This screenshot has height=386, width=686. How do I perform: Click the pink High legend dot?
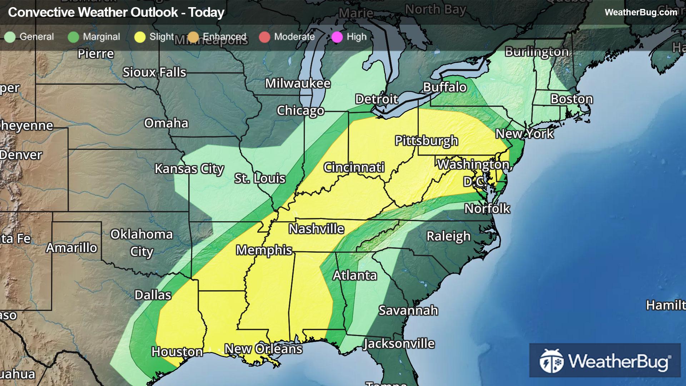(337, 37)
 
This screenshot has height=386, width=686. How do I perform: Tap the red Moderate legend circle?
(264, 37)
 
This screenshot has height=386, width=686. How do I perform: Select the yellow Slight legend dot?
(140, 37)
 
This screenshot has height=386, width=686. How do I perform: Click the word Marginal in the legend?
(101, 37)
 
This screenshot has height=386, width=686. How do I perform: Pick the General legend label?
(36, 37)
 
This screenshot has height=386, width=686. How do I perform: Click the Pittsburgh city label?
(426, 141)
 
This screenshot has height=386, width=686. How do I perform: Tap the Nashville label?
(316, 229)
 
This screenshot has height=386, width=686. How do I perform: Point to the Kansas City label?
(189, 169)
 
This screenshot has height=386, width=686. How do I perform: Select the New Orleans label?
(263, 349)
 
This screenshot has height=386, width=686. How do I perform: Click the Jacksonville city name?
(399, 344)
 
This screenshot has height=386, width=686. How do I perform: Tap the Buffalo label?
(445, 87)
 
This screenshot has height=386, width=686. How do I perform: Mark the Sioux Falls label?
(154, 73)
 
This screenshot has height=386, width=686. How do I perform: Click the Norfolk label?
(487, 209)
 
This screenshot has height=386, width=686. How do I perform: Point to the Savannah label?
(408, 311)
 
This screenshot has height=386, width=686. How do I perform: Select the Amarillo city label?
(71, 248)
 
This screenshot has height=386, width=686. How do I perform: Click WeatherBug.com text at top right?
(641, 13)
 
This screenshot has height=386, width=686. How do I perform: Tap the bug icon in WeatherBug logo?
(551, 361)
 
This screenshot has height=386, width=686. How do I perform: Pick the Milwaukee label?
(298, 84)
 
